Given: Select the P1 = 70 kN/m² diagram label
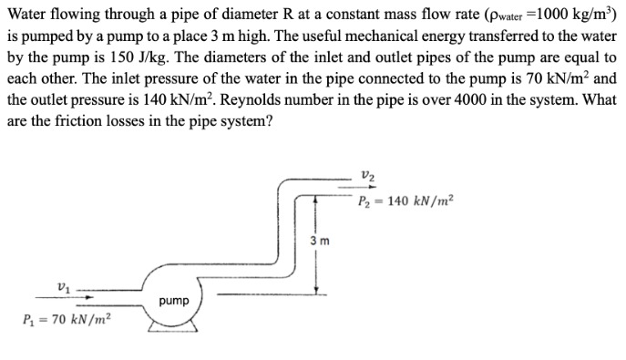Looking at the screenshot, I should click(63, 320).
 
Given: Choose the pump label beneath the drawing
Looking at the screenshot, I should click(173, 300).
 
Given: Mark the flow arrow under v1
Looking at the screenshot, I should click(88, 297).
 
